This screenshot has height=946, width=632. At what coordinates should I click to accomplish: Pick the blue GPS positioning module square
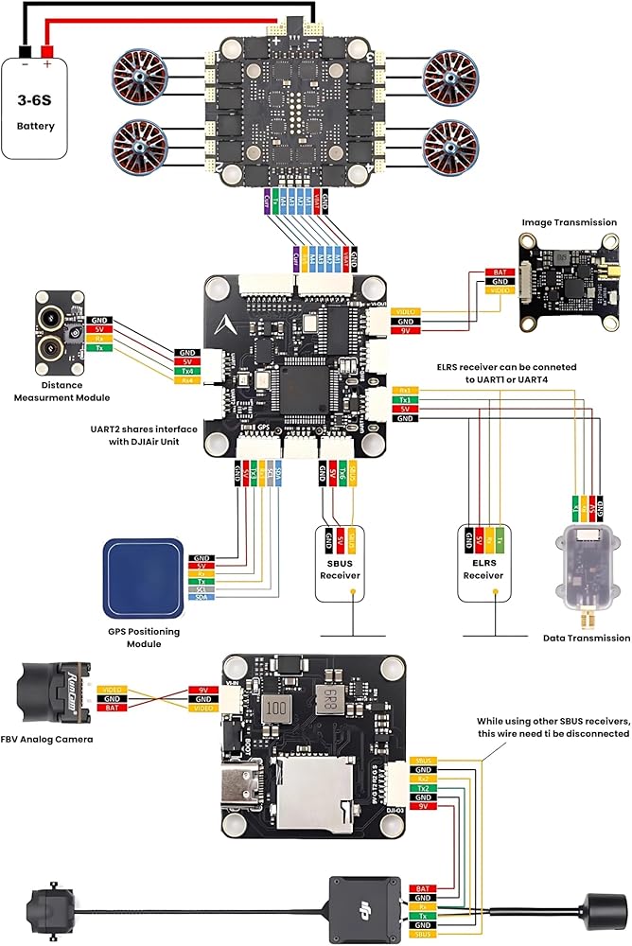(143, 577)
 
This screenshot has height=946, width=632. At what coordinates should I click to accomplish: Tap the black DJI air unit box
(364, 907)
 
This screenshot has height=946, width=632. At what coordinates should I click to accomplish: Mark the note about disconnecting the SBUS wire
(553, 727)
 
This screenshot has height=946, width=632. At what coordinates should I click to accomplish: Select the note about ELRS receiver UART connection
(506, 372)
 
